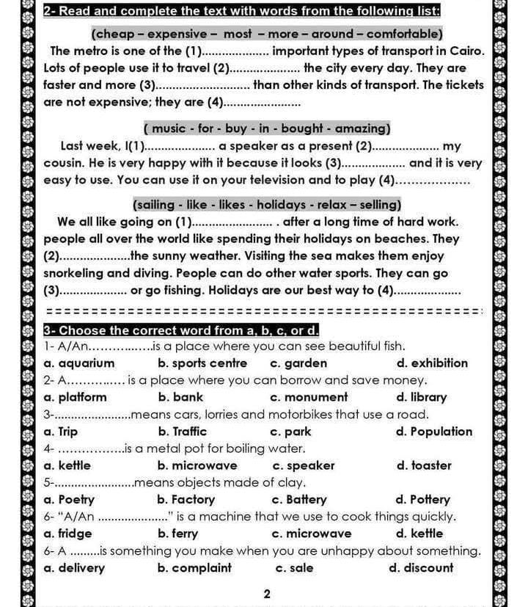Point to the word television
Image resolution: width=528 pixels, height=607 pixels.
(271, 180)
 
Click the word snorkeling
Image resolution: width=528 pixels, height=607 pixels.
(76, 273)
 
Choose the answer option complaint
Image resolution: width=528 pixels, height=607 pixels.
(202, 567)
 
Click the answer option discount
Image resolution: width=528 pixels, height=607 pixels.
(428, 567)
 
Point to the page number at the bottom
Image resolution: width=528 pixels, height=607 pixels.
(267, 594)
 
